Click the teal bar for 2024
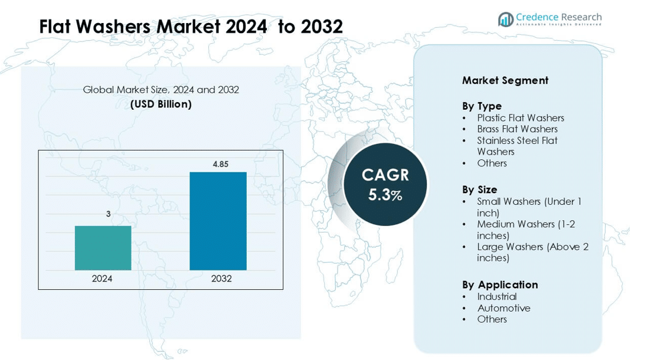[x=103, y=248]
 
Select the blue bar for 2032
[x=218, y=221]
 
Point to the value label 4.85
[x=220, y=164]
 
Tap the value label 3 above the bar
[x=108, y=214]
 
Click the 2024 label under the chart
[x=102, y=279]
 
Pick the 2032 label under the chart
[x=221, y=279]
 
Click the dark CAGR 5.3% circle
[x=385, y=184]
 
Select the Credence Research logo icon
[x=505, y=19]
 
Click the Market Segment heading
[x=505, y=80]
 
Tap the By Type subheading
[x=482, y=106]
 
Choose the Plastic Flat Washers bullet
[x=520, y=118]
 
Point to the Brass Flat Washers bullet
[x=517, y=129]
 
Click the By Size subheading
[x=479, y=189]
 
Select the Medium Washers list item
[x=525, y=230]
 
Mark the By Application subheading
[x=500, y=284]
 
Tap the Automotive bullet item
[x=504, y=308]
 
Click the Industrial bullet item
[x=496, y=297]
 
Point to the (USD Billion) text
[x=161, y=104]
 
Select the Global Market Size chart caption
[x=161, y=90]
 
